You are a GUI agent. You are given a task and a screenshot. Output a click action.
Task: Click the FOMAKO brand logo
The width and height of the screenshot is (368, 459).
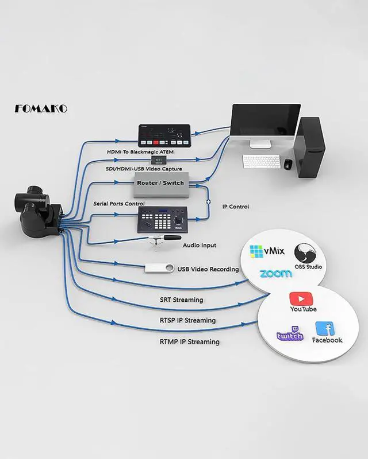pos(41,108)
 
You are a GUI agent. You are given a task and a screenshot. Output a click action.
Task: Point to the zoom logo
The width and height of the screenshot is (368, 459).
pos(275,274)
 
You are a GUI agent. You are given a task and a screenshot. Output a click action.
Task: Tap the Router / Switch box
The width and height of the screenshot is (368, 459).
pos(160,183)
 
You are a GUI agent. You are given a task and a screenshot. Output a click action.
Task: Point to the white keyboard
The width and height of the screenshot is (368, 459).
pos(261,162)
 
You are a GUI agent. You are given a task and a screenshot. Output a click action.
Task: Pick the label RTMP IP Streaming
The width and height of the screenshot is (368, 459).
pos(189,342)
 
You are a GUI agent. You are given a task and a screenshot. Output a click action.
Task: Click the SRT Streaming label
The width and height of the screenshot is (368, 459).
pos(181,299)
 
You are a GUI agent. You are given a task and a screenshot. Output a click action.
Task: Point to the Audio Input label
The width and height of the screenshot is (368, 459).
pos(200,245)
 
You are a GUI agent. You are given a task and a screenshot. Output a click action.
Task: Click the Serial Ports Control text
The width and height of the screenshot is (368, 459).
pos(119,204)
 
